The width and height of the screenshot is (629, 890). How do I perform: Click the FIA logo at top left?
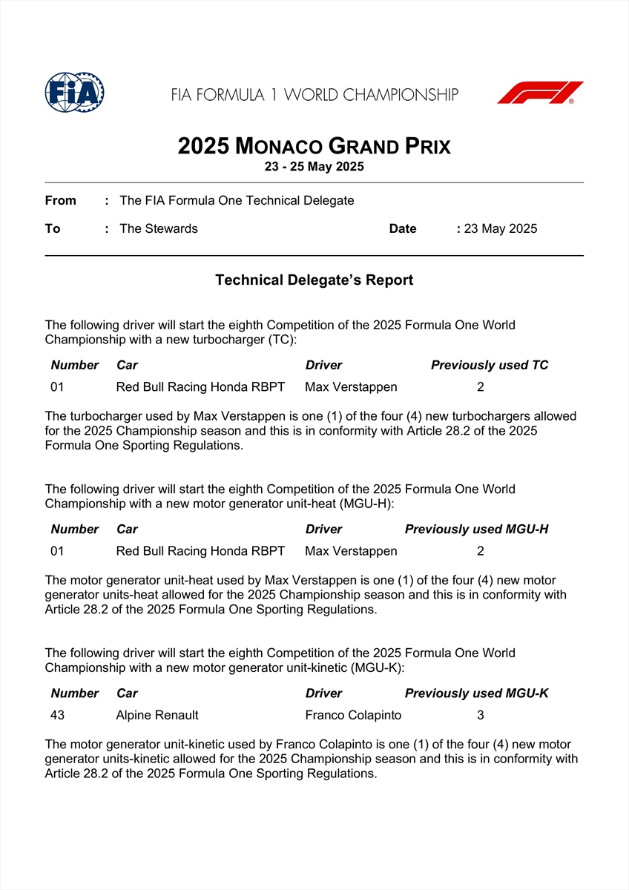tap(74, 93)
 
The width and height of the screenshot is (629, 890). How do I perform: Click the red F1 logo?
tap(540, 93)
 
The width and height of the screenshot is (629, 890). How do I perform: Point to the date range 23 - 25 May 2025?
tap(314, 167)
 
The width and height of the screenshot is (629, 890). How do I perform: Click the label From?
tap(60, 200)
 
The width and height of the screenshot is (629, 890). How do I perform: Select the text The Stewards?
tap(159, 228)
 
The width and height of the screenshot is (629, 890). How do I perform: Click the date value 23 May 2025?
tap(500, 228)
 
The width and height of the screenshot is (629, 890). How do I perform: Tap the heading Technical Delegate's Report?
tap(314, 280)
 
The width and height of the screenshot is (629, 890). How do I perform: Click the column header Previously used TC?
tap(490, 365)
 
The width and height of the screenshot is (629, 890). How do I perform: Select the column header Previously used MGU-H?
tap(476, 529)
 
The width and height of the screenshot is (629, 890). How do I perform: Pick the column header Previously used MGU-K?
tap(476, 693)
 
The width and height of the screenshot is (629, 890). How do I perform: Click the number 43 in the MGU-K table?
tap(57, 715)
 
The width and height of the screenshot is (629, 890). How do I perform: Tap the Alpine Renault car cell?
tap(157, 715)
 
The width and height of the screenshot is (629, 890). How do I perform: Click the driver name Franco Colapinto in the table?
tap(353, 715)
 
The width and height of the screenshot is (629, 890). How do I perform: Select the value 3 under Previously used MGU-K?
tap(481, 715)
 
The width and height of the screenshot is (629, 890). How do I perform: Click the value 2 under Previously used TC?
tap(481, 386)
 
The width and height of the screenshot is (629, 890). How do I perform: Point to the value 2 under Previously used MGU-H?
tap(481, 551)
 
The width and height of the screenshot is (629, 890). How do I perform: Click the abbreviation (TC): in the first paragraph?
tap(281, 339)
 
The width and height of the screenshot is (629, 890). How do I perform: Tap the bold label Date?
tap(403, 228)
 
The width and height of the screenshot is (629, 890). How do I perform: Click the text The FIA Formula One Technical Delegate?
tap(237, 200)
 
